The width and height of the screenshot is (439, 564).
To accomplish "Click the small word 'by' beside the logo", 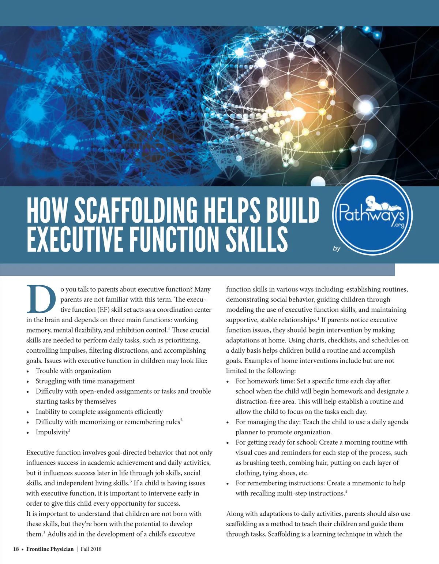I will tap(337, 249).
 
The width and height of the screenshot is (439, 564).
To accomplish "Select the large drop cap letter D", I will tap(41, 299).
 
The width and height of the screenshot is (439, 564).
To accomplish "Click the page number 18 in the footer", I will tap(16, 549).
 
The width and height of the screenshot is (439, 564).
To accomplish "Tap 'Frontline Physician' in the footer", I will tap(50, 549).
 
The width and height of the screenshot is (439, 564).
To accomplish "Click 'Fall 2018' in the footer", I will tap(91, 549).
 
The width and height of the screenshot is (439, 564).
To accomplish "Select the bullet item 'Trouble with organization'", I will tap(73, 371).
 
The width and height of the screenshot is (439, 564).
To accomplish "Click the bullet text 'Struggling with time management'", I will tap(85, 381).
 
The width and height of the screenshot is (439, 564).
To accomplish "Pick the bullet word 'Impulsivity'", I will tap(52, 432).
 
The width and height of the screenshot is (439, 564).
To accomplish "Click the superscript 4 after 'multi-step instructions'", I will tap(346, 491).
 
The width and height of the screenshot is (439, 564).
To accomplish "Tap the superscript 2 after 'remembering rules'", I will tap(181, 420).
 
